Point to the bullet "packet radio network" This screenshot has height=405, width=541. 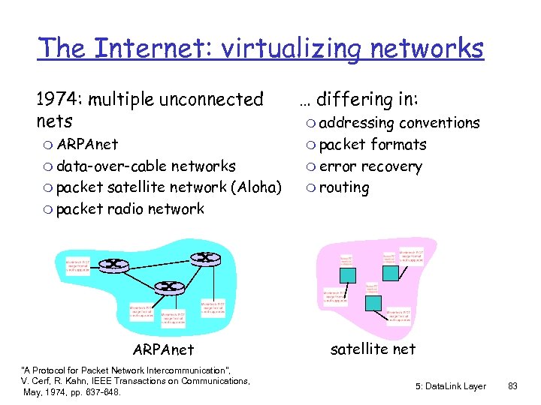click(x=130, y=208)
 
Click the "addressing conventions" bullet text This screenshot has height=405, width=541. click(x=399, y=122)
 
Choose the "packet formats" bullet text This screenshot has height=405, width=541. click(x=373, y=144)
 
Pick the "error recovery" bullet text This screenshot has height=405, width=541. click(x=370, y=166)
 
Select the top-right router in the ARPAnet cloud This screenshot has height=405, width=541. click(x=204, y=259)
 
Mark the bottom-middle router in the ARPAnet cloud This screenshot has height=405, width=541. click(x=171, y=286)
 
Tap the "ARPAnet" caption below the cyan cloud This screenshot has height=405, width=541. click(x=163, y=349)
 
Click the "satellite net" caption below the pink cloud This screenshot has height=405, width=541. click(x=373, y=348)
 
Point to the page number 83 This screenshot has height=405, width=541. click(x=513, y=385)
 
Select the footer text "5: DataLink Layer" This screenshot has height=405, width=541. click(x=450, y=385)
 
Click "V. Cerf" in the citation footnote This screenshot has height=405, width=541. click(x=36, y=381)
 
